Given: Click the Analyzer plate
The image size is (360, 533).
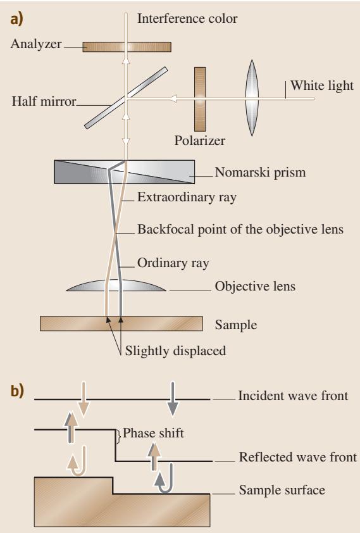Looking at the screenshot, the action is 127,47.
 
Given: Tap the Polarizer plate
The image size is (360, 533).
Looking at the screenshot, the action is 200,99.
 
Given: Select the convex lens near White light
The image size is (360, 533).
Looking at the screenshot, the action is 252,98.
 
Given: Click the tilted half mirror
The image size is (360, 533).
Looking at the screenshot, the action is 126,98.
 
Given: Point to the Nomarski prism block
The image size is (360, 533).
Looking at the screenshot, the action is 124,172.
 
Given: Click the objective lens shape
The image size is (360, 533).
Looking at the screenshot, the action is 116,285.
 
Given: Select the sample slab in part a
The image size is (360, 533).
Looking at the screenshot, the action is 121,323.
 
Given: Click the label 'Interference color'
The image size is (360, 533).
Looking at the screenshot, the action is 187,18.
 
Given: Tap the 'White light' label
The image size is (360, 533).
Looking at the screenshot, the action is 322,85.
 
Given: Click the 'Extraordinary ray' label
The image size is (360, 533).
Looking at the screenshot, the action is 187,197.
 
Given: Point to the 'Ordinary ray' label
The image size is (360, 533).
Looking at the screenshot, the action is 173,263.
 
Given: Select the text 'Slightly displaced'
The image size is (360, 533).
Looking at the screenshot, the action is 175,351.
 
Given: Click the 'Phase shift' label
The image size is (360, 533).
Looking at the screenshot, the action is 153,433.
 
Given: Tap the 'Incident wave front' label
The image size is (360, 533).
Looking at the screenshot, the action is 293,396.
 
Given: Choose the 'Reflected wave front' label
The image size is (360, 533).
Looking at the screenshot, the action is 298,457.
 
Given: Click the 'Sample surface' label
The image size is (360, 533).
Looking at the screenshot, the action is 282,490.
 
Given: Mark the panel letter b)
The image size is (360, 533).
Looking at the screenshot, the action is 17,391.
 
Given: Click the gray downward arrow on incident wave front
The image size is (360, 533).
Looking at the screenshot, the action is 173,399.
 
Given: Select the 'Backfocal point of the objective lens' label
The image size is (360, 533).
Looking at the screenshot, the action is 240,229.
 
